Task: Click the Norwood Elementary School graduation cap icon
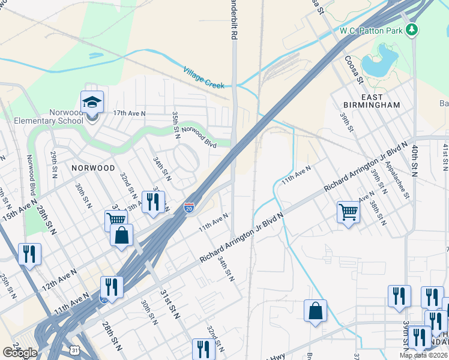point(92,103)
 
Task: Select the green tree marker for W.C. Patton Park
point(411,29)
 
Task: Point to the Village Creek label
point(203,77)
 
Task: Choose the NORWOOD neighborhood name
point(92,168)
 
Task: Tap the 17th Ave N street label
point(129,113)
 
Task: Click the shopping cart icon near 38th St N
point(348,212)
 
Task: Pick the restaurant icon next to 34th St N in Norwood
point(153,203)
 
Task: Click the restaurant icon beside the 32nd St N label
point(203,349)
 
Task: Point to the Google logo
point(20,352)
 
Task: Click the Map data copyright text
point(424,355)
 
